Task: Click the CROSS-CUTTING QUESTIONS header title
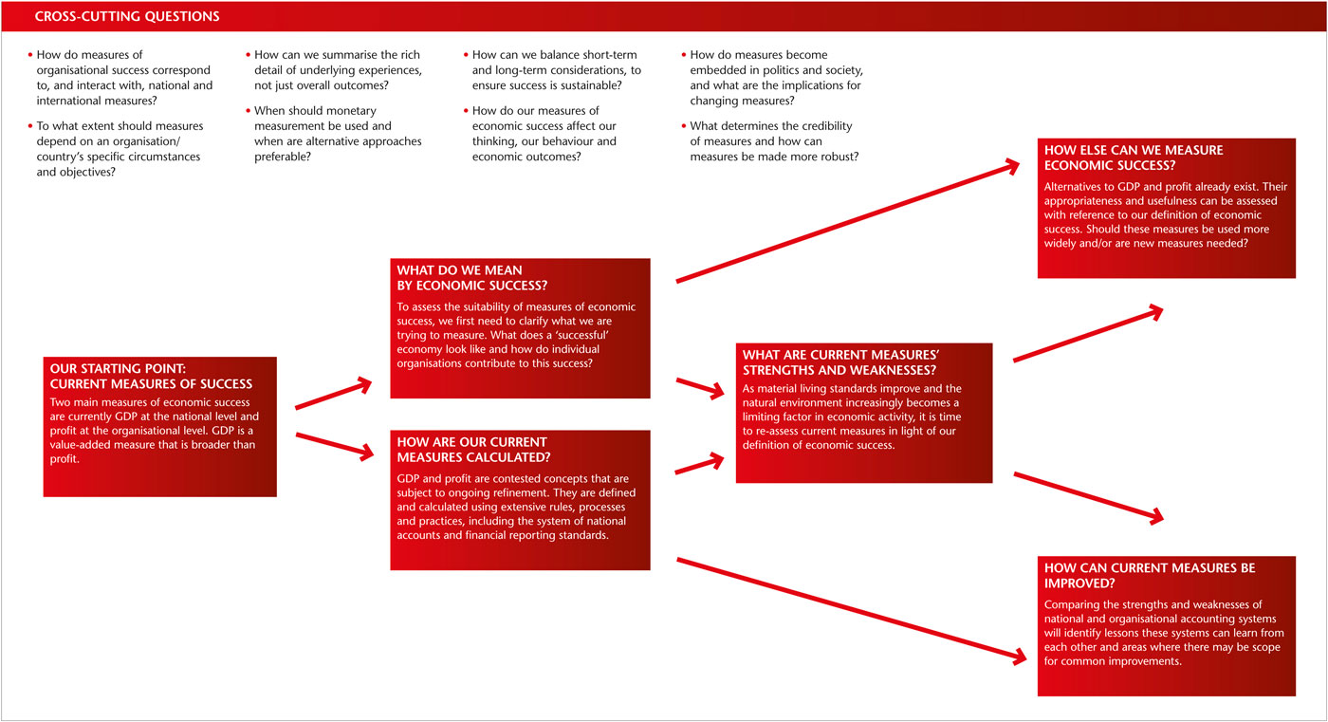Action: [x=127, y=16]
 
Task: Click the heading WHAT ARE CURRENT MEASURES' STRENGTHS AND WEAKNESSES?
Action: [x=844, y=361]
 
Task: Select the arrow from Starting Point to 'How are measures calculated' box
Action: [x=335, y=446]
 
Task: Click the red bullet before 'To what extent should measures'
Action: [x=30, y=126]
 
